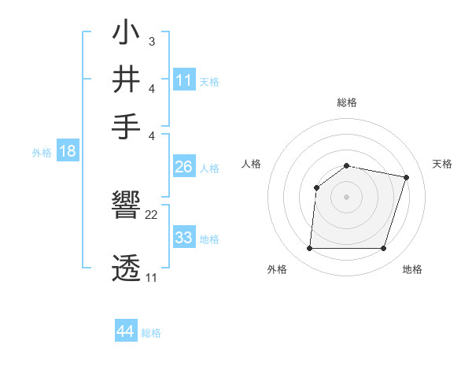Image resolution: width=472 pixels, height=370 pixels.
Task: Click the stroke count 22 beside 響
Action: tap(152, 215)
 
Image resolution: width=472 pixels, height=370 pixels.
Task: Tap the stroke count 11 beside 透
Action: tap(151, 277)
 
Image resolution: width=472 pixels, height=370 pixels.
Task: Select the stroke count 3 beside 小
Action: tap(151, 40)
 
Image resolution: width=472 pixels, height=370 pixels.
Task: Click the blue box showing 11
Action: tap(184, 80)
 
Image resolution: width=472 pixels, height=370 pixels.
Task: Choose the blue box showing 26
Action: tap(184, 167)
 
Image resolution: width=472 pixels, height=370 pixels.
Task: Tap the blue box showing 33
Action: tap(184, 237)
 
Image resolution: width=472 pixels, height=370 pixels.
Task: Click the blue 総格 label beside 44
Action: tap(151, 333)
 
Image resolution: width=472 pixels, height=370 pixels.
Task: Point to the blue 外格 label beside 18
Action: tap(42, 153)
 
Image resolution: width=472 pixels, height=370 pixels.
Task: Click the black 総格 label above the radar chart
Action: tap(347, 103)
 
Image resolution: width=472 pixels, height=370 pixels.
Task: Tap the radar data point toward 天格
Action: tap(407, 178)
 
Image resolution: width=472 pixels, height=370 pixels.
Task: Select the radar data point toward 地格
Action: tap(384, 249)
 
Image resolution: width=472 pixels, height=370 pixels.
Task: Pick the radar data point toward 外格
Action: tap(309, 249)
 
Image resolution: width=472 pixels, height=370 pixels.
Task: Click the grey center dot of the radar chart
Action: tap(347, 197)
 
